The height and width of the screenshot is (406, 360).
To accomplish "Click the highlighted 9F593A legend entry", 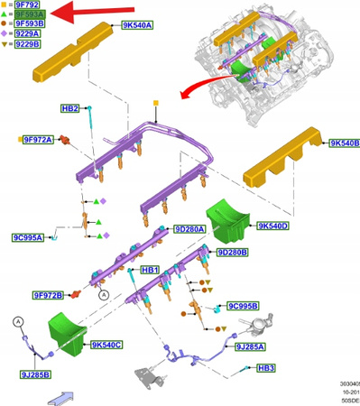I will click(x=28, y=14).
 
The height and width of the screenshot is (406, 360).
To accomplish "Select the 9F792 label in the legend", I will click(x=26, y=5).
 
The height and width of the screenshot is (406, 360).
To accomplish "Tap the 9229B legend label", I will click(x=27, y=43).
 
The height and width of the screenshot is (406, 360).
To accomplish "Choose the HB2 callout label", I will click(x=70, y=108).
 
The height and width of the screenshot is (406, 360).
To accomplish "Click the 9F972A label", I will click(x=38, y=140).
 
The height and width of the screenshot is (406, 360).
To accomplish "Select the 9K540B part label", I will click(x=344, y=143).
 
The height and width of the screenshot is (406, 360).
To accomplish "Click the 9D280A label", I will click(x=189, y=229).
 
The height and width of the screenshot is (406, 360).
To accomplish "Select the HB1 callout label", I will click(x=150, y=270).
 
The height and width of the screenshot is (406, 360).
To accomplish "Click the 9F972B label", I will click(x=47, y=295).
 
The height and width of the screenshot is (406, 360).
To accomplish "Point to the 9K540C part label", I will click(x=106, y=345).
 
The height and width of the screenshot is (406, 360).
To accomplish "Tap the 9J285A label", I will click(x=250, y=346).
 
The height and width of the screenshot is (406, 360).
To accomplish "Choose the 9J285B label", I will click(x=35, y=374).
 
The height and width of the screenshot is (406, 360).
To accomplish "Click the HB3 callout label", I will click(x=266, y=368).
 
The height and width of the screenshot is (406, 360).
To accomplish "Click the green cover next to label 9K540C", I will click(x=65, y=329).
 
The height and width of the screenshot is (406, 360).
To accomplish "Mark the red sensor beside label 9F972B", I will click(x=77, y=294).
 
